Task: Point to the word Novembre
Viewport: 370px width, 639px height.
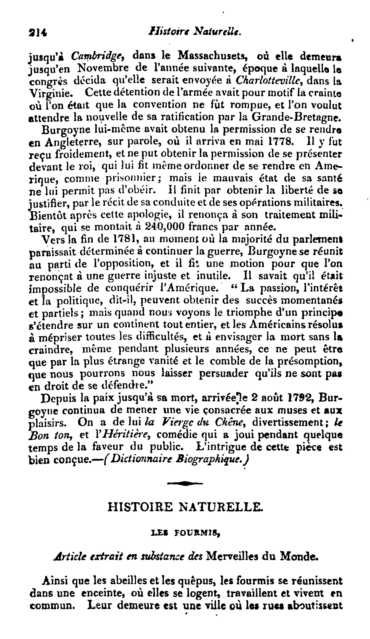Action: pyautogui.click(x=103, y=68)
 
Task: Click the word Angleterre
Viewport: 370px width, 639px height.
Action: pyautogui.click(x=73, y=142)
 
